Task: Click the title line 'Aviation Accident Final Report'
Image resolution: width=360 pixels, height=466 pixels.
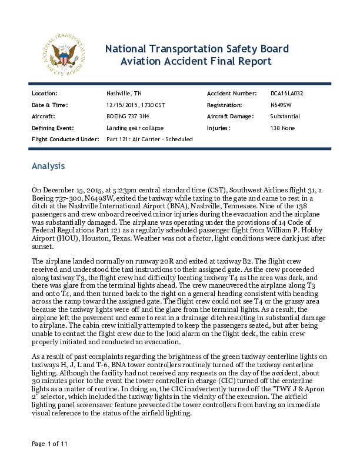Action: coord(196,61)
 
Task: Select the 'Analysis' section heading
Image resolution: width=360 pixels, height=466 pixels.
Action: coord(48,167)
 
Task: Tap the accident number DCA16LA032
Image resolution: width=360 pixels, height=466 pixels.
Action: coord(286,94)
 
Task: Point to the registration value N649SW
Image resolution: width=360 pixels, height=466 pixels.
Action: coord(281,105)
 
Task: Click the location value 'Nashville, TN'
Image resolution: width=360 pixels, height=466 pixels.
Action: coord(124,94)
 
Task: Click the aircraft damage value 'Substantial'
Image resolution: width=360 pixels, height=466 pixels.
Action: coord(285,116)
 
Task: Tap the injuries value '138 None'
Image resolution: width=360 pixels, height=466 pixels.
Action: coord(282,128)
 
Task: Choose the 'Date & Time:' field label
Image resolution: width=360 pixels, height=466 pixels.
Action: coord(49,105)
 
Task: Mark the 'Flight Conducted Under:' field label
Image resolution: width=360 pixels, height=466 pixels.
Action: coord(65,139)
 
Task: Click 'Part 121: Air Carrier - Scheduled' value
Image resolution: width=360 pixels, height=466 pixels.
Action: coord(149,139)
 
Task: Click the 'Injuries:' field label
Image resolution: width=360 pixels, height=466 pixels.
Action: coord(219,128)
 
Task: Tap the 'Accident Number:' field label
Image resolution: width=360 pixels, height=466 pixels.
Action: coord(232,94)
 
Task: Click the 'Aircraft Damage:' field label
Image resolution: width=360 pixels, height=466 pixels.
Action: coord(231,116)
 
